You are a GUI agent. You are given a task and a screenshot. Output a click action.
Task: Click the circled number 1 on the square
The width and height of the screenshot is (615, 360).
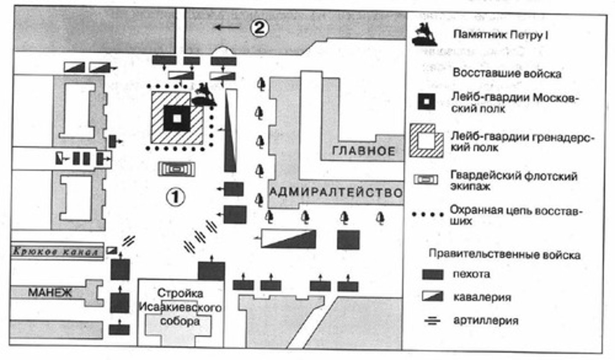tap(176, 197)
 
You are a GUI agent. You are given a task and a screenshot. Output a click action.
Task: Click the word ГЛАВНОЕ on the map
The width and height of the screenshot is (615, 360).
tap(363, 151)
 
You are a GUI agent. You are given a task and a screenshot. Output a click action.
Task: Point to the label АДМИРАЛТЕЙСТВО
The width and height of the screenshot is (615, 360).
tap(336, 193)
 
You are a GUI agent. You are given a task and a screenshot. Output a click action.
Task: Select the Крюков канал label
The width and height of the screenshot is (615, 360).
tap(56, 252)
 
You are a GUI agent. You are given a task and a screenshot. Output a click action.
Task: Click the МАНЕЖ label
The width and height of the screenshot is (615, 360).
tap(50, 293)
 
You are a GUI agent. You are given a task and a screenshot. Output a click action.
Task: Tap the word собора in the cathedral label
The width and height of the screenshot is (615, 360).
tap(180, 321)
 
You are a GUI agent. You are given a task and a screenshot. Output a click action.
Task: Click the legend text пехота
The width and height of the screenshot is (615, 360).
tap(471, 274)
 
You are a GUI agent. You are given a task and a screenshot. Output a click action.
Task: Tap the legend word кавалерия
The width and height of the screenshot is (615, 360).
tap(482, 297)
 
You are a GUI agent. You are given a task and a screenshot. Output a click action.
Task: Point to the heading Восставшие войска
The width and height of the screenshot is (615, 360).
tap(507, 73)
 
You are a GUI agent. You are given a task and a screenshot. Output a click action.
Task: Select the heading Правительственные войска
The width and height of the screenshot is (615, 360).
tap(504, 255)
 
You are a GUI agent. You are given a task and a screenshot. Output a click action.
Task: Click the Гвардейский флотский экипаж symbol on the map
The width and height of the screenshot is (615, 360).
tap(177, 169)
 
